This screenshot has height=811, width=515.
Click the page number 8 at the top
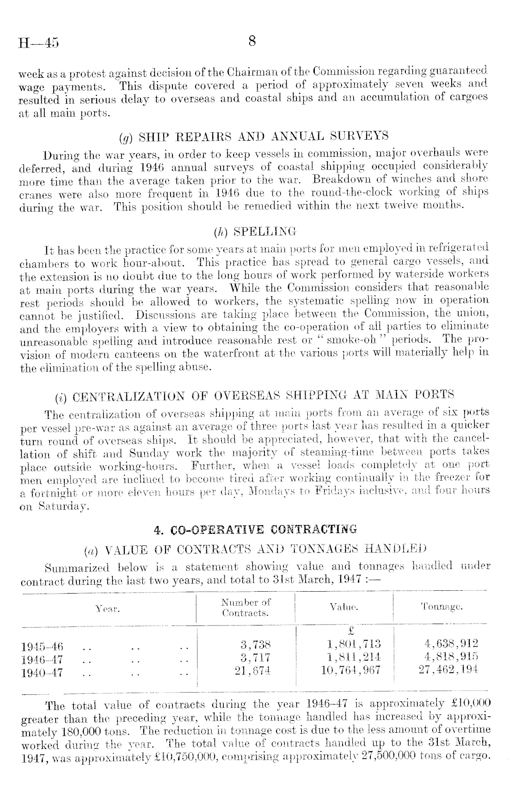click(252, 42)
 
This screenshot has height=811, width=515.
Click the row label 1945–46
click(42, 646)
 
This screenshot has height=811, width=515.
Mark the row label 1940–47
click(42, 672)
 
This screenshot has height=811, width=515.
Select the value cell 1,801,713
click(353, 644)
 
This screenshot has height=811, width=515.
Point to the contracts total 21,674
click(252, 670)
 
